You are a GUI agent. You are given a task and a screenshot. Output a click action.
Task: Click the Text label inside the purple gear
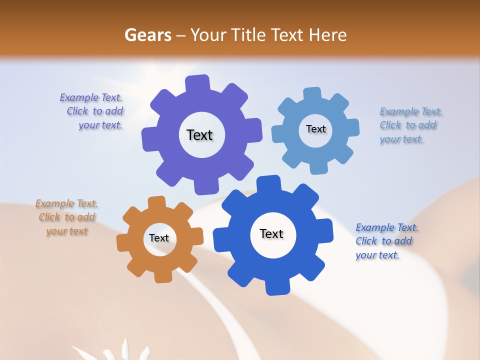199,135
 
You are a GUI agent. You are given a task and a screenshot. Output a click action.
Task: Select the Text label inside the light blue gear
315,129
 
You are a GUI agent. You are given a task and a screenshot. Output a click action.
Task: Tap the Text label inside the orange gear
159,238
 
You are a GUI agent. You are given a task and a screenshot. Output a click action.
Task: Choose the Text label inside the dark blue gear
271,233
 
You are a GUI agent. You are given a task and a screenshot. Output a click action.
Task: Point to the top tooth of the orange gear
157,203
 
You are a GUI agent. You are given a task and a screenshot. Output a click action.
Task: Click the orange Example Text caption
66,217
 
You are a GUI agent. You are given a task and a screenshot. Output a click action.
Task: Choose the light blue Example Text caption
410,125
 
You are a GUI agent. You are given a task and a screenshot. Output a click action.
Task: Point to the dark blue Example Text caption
386,241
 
